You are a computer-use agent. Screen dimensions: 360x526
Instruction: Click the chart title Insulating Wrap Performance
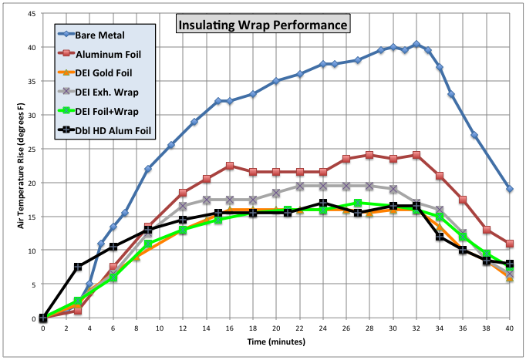(264, 25)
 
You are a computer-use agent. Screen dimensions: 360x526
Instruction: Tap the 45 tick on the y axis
(32, 13)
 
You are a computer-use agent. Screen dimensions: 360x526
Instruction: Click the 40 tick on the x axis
(509, 328)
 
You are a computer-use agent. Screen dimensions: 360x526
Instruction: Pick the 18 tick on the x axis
(253, 328)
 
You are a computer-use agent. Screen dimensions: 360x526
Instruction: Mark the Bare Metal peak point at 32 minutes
(416, 44)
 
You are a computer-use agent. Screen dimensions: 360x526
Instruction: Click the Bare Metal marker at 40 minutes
(510, 189)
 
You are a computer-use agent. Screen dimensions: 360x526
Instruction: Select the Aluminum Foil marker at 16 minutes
(230, 166)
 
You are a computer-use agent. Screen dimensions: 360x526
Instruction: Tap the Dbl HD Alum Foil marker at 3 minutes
(78, 267)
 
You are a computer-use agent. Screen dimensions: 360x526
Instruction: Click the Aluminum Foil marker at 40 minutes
(510, 244)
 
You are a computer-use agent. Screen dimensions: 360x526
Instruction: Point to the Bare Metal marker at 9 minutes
(148, 169)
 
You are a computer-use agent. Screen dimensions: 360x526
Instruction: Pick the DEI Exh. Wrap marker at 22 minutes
(300, 186)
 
